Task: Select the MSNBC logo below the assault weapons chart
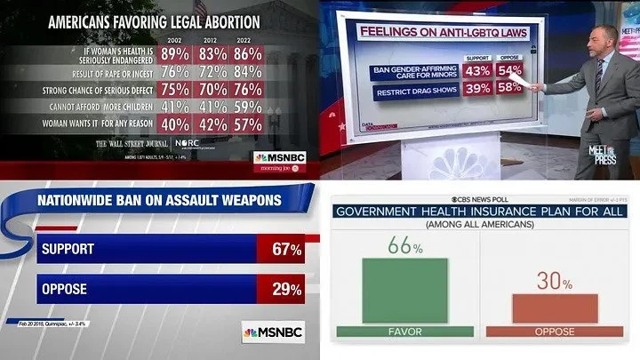pos(273,332)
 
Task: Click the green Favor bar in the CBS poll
pos(405,291)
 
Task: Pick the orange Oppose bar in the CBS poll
pos(554,308)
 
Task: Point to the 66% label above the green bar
pos(404,246)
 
